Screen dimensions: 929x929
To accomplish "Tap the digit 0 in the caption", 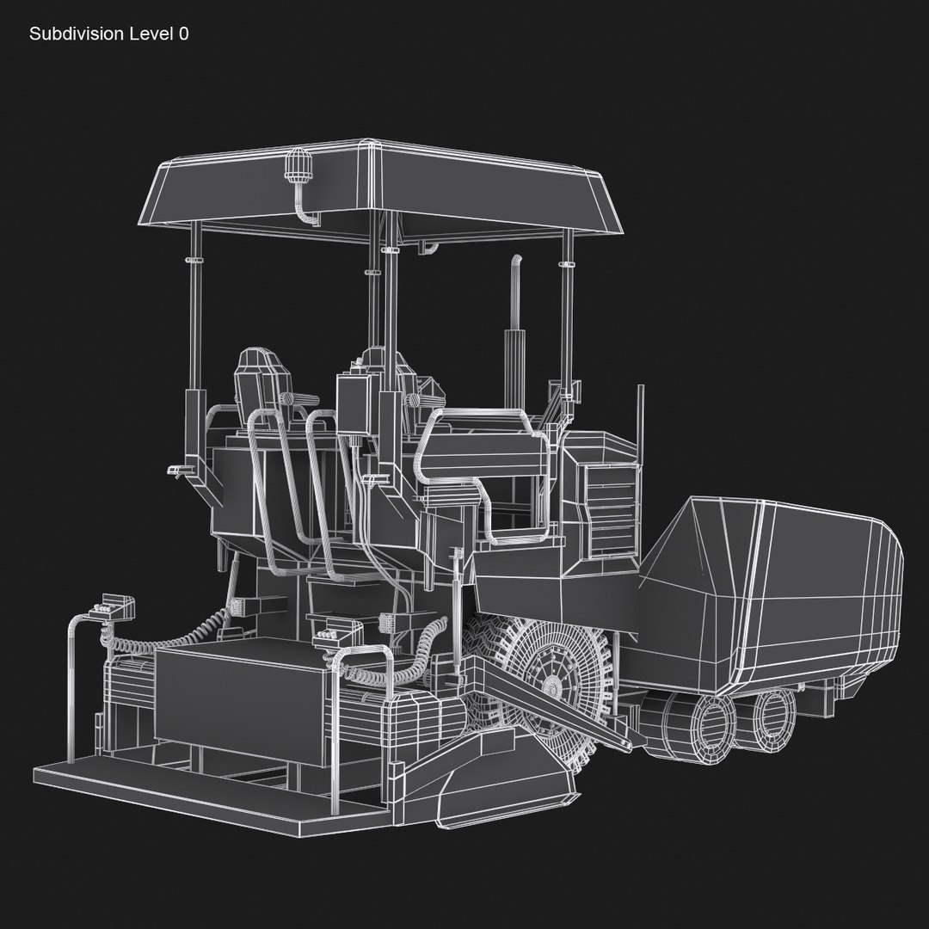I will pos(183,34).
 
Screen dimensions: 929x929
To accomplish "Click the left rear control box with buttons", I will pos(115,607).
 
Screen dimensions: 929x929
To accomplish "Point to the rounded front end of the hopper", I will pos(886,594).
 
